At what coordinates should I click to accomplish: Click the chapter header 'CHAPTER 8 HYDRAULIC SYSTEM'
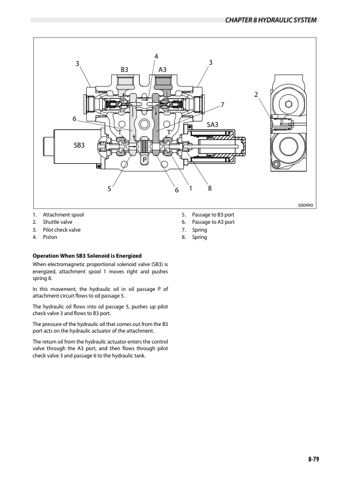[x=271, y=21]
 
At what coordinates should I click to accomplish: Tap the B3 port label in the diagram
[x=125, y=70]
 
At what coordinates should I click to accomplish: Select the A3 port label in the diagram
[x=162, y=70]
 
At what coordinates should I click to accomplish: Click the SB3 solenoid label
[x=79, y=145]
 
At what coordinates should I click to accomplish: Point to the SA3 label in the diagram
[x=213, y=125]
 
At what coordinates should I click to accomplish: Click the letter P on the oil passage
[x=145, y=160]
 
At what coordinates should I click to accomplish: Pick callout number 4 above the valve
[x=156, y=57]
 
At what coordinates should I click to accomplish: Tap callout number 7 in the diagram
[x=223, y=105]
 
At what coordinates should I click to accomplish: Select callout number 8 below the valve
[x=209, y=188]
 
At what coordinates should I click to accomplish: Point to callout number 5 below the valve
[x=110, y=189]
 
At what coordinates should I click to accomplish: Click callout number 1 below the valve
[x=191, y=188]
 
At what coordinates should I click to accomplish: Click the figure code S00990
[x=306, y=205]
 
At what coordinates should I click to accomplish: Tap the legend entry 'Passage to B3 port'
[x=212, y=215]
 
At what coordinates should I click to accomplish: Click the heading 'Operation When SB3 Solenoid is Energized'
[x=87, y=256]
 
